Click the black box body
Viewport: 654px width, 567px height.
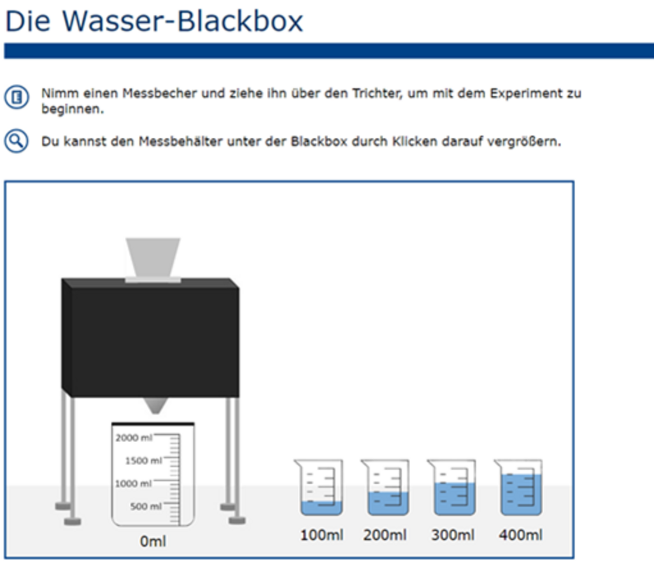tap(150, 336)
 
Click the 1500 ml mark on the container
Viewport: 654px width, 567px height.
tap(138, 461)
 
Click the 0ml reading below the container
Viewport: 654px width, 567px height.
tap(152, 541)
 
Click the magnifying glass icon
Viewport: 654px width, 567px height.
tap(16, 141)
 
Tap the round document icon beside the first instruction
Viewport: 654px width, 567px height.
tap(16, 97)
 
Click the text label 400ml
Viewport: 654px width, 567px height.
tap(520, 536)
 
